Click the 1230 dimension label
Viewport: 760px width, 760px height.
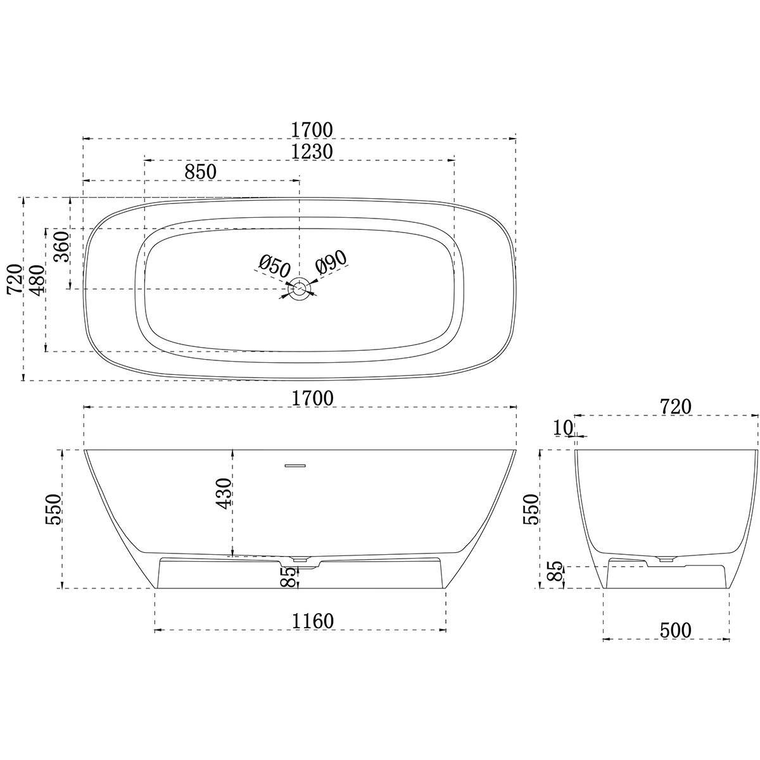[312, 151]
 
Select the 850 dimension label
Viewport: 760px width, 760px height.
[200, 172]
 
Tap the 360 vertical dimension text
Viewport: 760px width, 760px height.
[61, 248]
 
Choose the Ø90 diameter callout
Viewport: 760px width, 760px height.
[331, 262]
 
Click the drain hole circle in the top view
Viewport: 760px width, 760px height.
[300, 289]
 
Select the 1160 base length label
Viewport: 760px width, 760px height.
[312, 621]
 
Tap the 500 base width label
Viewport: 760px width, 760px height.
[676, 630]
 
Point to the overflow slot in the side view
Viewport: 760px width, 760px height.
[295, 465]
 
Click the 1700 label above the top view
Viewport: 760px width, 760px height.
[312, 129]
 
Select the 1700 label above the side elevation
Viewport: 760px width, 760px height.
[312, 398]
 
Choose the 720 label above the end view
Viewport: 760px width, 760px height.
[675, 407]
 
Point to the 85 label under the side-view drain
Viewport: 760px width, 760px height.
[288, 577]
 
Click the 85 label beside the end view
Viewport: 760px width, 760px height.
[552, 574]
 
